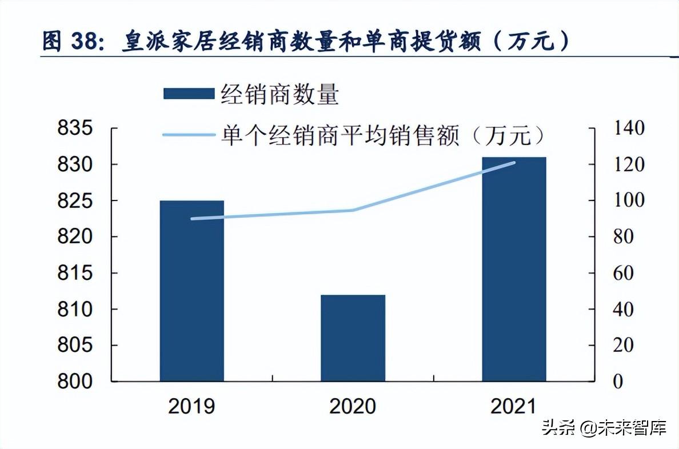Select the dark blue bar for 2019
[191, 291]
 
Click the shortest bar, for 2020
[353, 338]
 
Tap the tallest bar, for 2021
[514, 268]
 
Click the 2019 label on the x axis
[191, 406]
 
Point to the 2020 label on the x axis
[353, 406]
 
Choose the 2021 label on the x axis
[514, 406]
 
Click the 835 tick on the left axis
[75, 129]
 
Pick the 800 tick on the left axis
[75, 382]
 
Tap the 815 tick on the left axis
[75, 273]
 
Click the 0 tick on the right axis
[617, 382]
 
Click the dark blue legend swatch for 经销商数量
[189, 94]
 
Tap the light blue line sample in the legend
[189, 135]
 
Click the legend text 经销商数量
[280, 94]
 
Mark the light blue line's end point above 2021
[514, 163]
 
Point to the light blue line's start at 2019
[192, 219]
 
